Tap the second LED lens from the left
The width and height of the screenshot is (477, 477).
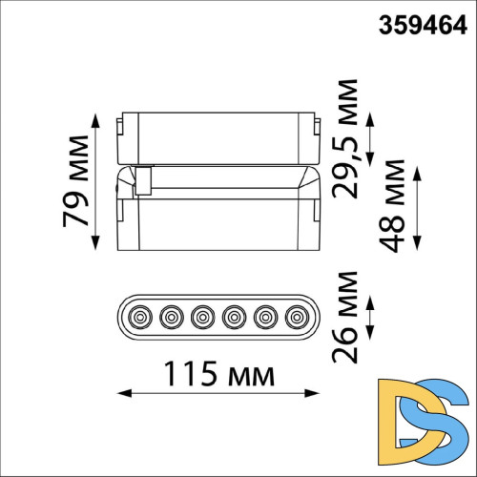click(172, 314)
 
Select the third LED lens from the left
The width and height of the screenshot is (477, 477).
click(202, 314)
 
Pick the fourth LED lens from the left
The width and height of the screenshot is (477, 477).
click(233, 314)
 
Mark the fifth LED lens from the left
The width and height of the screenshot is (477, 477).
click(263, 314)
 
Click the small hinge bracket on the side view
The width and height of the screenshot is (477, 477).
click(144, 179)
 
